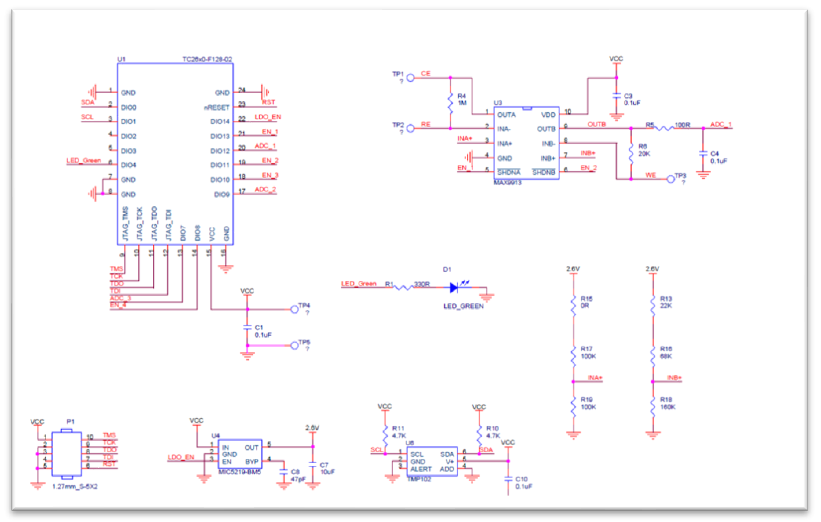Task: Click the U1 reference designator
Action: tap(121, 59)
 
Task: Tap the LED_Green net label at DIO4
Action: tap(84, 160)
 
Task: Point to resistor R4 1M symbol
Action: tap(450, 103)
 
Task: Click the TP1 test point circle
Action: tap(411, 78)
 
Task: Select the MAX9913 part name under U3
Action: tap(508, 183)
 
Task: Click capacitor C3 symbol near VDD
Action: tap(617, 96)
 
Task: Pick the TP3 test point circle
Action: tap(671, 179)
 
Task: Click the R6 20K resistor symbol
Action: tap(631, 154)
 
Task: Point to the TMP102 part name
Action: tap(419, 479)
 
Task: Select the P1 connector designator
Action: tap(70, 422)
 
